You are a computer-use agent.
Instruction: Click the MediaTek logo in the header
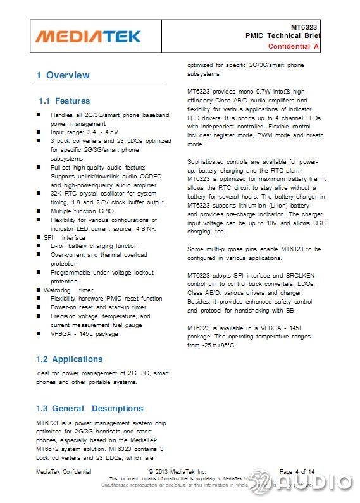(88, 36)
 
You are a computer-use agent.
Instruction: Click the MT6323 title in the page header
(306, 27)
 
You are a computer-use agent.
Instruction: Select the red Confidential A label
(294, 47)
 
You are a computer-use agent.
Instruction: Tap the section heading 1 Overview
(63, 75)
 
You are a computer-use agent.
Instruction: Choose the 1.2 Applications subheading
(69, 359)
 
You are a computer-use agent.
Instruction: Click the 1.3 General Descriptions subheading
(89, 408)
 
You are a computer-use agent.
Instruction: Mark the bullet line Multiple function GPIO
(83, 211)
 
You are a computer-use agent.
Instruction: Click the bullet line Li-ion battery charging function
(94, 246)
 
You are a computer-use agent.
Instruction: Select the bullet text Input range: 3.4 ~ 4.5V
(84, 132)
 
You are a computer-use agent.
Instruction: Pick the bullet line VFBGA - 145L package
(84, 333)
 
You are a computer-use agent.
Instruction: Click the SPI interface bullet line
(64, 237)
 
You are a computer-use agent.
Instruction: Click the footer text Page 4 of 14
(296, 471)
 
